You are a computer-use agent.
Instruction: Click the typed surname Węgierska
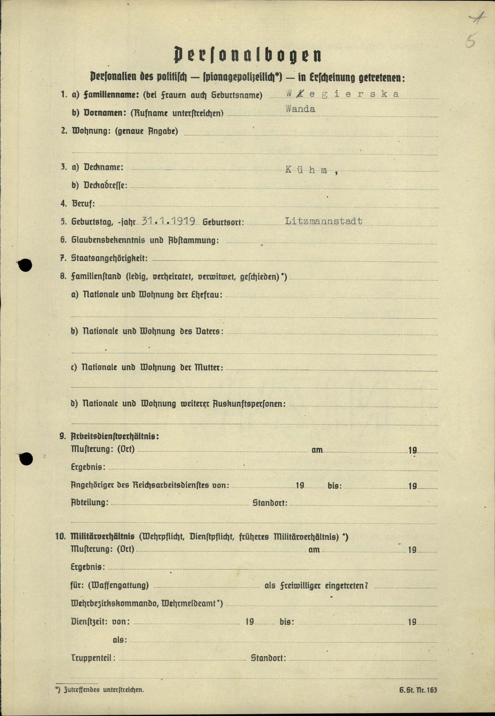pyautogui.click(x=342, y=94)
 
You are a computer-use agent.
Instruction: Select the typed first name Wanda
pyautogui.click(x=300, y=109)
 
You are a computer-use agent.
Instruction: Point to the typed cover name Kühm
pyautogui.click(x=311, y=170)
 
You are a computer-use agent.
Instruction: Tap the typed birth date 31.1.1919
pyautogui.click(x=168, y=221)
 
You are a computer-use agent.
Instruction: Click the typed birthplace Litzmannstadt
pyautogui.click(x=323, y=221)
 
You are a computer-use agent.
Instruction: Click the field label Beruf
pyautogui.click(x=83, y=203)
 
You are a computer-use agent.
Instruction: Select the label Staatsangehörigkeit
pyautogui.click(x=109, y=258)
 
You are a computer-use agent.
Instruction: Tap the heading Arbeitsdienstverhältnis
pyautogui.click(x=115, y=436)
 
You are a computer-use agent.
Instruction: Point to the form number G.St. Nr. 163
pyautogui.click(x=418, y=690)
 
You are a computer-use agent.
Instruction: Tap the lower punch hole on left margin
pyautogui.click(x=26, y=458)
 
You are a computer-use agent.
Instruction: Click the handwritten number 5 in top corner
pyautogui.click(x=471, y=42)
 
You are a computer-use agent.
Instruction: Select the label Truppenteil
pyautogui.click(x=93, y=658)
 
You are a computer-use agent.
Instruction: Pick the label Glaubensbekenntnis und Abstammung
pyautogui.click(x=145, y=240)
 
